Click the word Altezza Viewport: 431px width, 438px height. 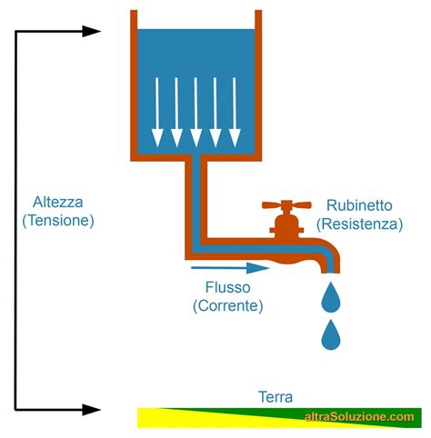pos(57,202)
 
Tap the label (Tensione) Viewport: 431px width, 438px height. pos(58,221)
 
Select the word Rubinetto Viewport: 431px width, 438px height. pos(359,205)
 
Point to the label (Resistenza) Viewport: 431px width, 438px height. pos(360,224)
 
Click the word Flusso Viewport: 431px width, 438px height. pos(228,287)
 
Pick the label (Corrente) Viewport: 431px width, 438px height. pos(228,305)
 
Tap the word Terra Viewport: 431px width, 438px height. pos(276,397)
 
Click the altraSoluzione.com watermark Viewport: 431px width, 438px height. pos(359,417)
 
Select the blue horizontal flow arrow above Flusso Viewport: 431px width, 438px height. pos(230,268)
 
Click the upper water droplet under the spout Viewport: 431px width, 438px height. pos(331,298)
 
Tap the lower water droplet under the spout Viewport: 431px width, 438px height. pos(331,335)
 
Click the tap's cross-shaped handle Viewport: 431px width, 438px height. pos(286,205)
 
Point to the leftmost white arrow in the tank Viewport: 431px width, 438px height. pos(157,112)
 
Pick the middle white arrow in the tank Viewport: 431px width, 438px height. pos(195,112)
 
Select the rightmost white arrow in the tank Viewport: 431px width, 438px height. pos(235,112)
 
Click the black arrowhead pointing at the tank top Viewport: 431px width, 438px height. pos(91,31)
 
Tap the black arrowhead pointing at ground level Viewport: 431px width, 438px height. pos(91,410)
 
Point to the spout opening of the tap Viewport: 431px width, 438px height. pos(331,272)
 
